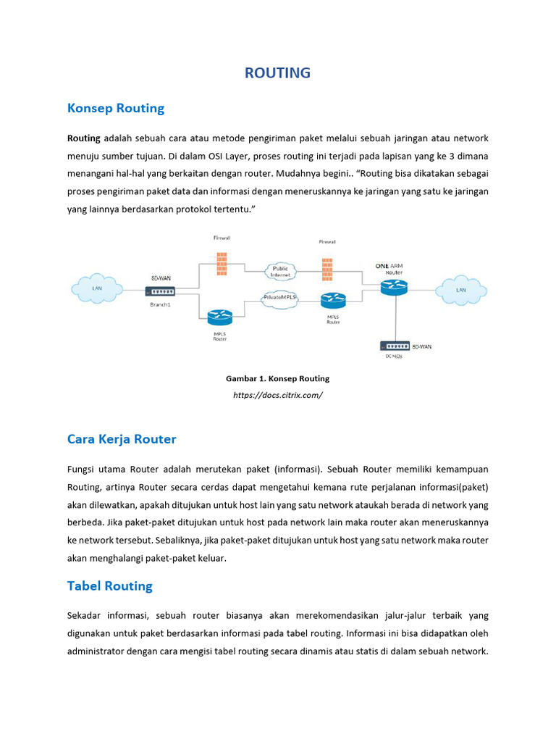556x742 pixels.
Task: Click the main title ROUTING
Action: pyautogui.click(x=277, y=72)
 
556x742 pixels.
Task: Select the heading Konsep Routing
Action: pyautogui.click(x=116, y=108)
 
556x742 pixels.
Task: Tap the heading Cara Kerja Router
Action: pyautogui.click(x=122, y=439)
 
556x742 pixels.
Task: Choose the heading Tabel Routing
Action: pyautogui.click(x=110, y=585)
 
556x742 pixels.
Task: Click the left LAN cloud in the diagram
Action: pyautogui.click(x=96, y=288)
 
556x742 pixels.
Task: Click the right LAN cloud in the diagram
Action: pyautogui.click(x=460, y=289)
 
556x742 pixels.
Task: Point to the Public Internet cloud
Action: pyautogui.click(x=279, y=272)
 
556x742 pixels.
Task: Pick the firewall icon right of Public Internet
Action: pyautogui.click(x=327, y=269)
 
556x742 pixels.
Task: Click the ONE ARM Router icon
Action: pyautogui.click(x=395, y=287)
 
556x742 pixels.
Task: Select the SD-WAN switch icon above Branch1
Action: pyautogui.click(x=160, y=291)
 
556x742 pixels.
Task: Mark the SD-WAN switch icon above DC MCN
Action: pyautogui.click(x=394, y=346)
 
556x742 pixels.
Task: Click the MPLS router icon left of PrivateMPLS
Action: pyautogui.click(x=219, y=317)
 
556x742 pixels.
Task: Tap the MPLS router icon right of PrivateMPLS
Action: pyautogui.click(x=333, y=299)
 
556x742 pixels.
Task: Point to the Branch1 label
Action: pyautogui.click(x=160, y=304)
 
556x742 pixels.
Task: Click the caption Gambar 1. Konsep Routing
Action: pyautogui.click(x=277, y=378)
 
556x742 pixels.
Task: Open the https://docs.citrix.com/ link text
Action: pyautogui.click(x=277, y=395)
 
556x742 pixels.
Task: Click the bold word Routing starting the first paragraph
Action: pyautogui.click(x=83, y=138)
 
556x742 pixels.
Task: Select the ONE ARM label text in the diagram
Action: pyautogui.click(x=389, y=266)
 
